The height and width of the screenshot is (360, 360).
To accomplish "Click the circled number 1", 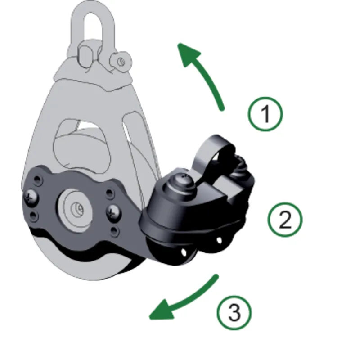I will tap(265, 114).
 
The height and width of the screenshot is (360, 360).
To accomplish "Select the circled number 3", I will tap(234, 312).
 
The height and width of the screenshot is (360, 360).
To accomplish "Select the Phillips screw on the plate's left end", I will tap(31, 196).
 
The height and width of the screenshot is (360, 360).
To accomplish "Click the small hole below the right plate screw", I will tap(114, 231).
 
